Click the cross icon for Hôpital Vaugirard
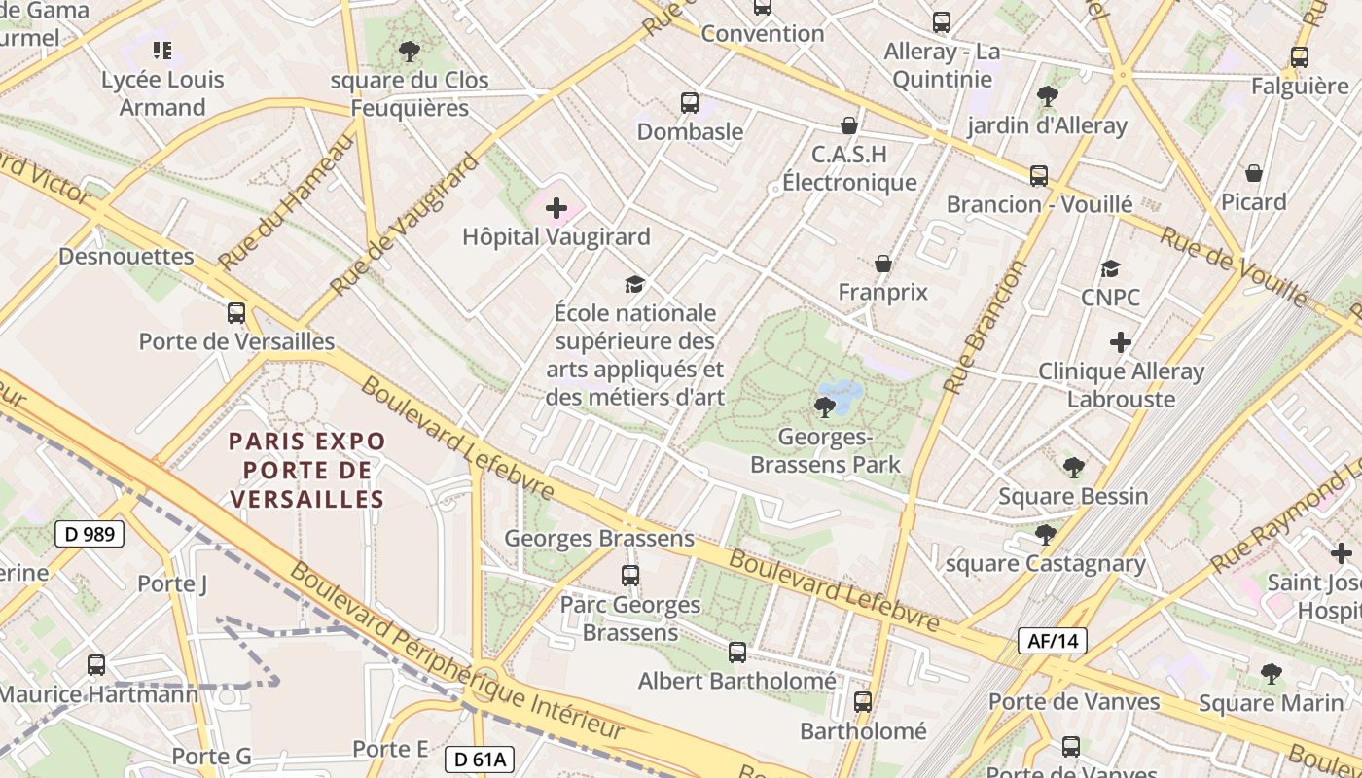click(556, 208)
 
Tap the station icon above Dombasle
click(690, 102)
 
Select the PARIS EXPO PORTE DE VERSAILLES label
click(306, 470)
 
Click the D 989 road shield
click(90, 534)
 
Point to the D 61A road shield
click(479, 760)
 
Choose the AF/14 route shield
click(1052, 641)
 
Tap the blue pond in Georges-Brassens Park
click(841, 394)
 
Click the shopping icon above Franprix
click(883, 264)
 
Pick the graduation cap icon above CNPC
click(1110, 269)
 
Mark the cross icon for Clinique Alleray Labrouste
click(1121, 342)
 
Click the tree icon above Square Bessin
click(1074, 468)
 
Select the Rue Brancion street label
click(986, 327)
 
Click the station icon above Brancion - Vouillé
click(1039, 176)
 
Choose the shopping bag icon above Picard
click(1254, 174)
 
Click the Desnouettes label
click(126, 257)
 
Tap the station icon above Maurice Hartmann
click(96, 665)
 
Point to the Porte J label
click(172, 583)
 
